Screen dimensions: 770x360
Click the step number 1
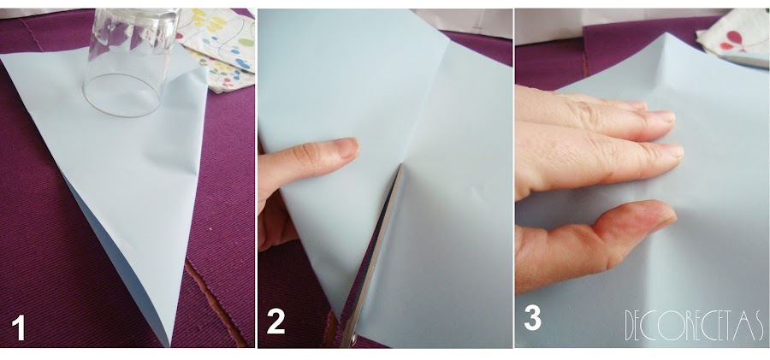pos(18,328)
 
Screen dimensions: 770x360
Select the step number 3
pos(533,318)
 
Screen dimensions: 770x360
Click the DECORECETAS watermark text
pos(694,325)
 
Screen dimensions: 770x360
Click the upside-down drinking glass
pos(131,62)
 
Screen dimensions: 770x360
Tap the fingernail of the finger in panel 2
pos(346,147)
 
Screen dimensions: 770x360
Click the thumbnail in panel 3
pos(659,211)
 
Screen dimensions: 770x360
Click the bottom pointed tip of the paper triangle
pos(169,345)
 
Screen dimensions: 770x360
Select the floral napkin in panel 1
pos(219,48)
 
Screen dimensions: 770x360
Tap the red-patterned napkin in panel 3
pos(735,38)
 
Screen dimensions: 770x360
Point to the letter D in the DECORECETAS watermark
pos(631,325)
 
